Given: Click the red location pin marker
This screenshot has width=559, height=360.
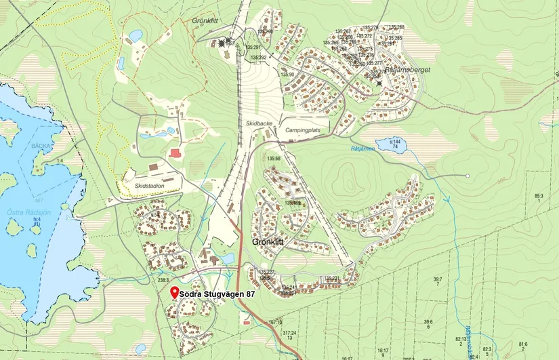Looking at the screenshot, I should coord(174,292).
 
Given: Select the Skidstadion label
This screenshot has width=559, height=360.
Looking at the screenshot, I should coord(150,185).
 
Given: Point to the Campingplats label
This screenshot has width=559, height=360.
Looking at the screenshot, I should coord(302,128).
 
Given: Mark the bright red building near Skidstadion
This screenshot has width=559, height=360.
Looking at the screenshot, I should coord(176,154).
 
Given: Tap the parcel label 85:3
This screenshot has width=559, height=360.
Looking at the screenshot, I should coord(539,198).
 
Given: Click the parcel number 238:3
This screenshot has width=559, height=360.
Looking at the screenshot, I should coord(163,279).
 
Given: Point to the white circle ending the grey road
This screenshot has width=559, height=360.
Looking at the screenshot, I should coord(468,176).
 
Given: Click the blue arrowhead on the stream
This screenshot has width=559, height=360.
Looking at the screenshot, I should coord(446,200).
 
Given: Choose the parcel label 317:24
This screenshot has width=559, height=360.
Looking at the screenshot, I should coord(289,334).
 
